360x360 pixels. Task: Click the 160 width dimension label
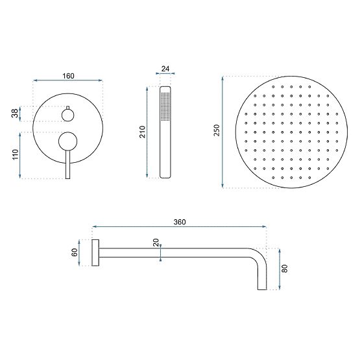(68, 76)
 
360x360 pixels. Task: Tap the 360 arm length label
(180, 222)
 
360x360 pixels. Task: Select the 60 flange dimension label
(75, 253)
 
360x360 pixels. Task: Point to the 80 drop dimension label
(284, 268)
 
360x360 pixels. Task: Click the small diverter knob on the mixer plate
(68, 115)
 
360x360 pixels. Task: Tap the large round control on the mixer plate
(67, 141)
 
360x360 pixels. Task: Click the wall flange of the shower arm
(95, 253)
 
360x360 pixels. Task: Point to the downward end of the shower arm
(263, 282)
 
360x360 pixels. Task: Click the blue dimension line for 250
(224, 132)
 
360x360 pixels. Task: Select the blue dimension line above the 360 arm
(180, 228)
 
